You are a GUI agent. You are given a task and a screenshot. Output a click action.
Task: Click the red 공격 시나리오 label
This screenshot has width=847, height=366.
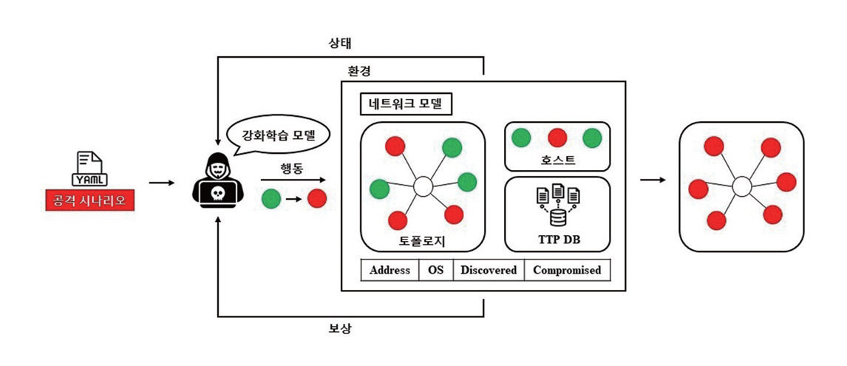pos(89,200)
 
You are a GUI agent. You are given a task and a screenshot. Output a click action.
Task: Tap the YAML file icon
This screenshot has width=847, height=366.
pos(90,169)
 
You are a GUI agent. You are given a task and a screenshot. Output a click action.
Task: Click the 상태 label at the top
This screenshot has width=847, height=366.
pos(339,43)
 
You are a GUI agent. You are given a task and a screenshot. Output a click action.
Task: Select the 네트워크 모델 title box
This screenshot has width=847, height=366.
pos(405,104)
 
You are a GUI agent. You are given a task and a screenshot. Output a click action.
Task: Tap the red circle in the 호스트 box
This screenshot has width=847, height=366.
pos(557,138)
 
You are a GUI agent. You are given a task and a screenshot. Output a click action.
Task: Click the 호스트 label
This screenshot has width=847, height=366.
pos(557,160)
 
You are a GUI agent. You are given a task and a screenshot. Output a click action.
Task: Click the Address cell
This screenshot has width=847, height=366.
pos(390,270)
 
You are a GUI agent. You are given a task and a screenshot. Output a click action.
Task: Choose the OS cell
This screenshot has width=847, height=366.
pos(436,270)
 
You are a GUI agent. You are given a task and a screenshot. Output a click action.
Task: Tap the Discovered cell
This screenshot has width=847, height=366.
pos(489,270)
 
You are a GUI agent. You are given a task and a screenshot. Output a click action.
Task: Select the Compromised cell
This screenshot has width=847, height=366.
pos(567,270)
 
